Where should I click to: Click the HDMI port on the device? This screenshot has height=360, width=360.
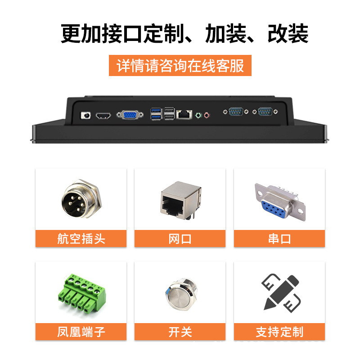coord(103,116)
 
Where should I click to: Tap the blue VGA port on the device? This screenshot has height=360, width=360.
coord(130,115)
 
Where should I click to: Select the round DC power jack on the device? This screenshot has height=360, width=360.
coord(85,115)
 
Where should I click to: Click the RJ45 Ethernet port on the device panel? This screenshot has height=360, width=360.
coord(184,114)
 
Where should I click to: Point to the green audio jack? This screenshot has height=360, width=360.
coord(198,115)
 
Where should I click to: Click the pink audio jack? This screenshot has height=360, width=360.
coord(207,115)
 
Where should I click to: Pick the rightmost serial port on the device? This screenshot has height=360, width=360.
coord(265,112)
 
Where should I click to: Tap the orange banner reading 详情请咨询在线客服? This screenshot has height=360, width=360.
coord(180,65)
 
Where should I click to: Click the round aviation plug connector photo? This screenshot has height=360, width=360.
coord(81,198)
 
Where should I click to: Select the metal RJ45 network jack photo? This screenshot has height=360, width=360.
coord(181,200)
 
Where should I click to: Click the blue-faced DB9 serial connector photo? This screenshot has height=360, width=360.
coord(280,202)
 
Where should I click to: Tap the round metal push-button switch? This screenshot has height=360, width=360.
coord(181,295)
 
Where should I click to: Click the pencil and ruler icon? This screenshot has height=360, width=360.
coord(281,293)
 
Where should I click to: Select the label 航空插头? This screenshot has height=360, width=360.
coord(81,239)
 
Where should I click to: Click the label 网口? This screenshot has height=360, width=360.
coord(180,239)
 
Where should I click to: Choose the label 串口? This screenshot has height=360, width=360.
coord(279,239)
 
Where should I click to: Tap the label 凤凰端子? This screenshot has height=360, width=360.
coord(81,332)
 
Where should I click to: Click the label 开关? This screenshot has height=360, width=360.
coord(180,332)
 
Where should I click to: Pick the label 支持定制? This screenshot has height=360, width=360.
coord(279,332)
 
